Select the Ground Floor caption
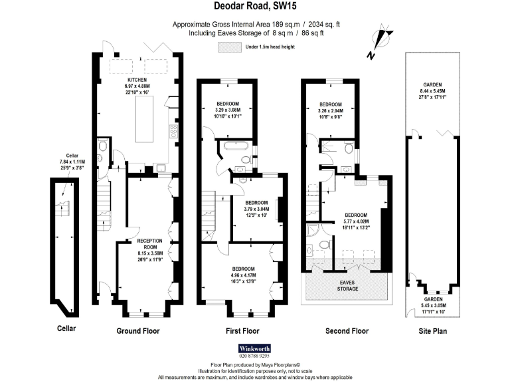137,330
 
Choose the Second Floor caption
347,330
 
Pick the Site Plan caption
432,330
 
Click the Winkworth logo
255,348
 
